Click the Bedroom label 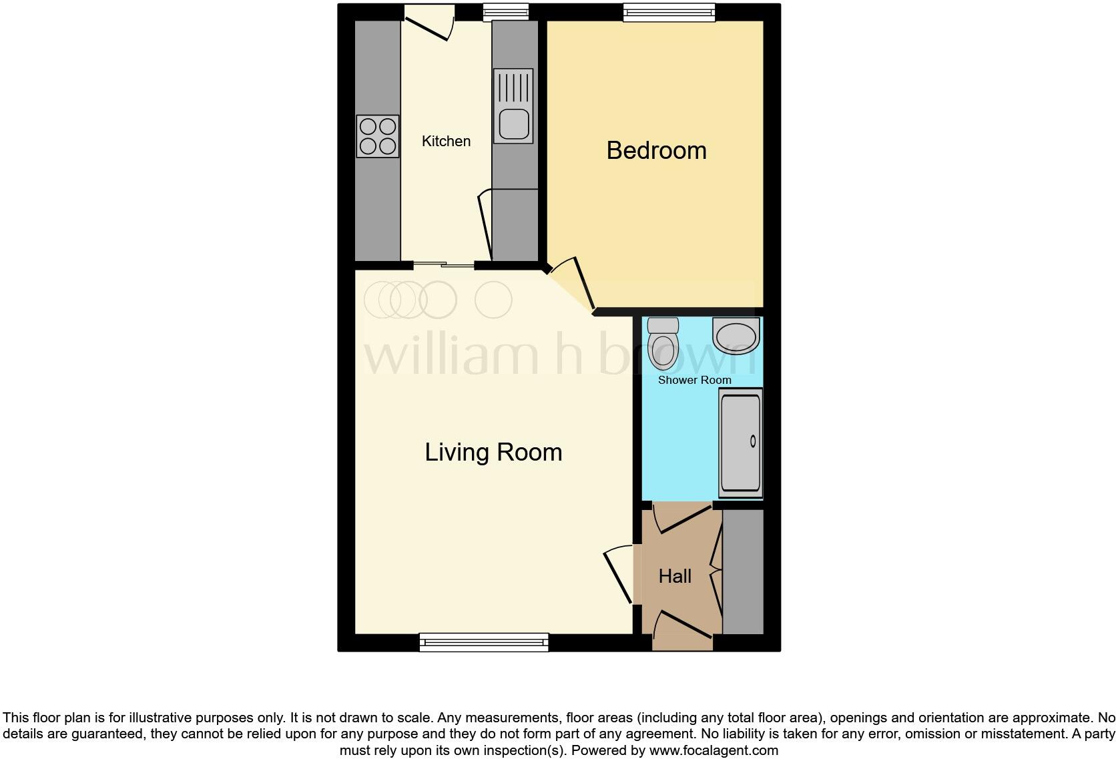(x=656, y=151)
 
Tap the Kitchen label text (x=446, y=142)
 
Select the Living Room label (x=493, y=453)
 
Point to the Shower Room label (x=694, y=380)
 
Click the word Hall (x=675, y=577)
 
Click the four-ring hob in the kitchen (x=378, y=136)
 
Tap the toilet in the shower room (x=663, y=343)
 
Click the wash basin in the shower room (x=736, y=336)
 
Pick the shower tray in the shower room (x=740, y=443)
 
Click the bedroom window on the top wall (x=669, y=11)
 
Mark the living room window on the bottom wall (x=484, y=643)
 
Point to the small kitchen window (x=505, y=11)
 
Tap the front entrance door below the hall (x=683, y=627)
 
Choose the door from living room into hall (x=619, y=574)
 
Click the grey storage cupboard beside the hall (x=743, y=572)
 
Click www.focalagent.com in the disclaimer (x=713, y=750)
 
